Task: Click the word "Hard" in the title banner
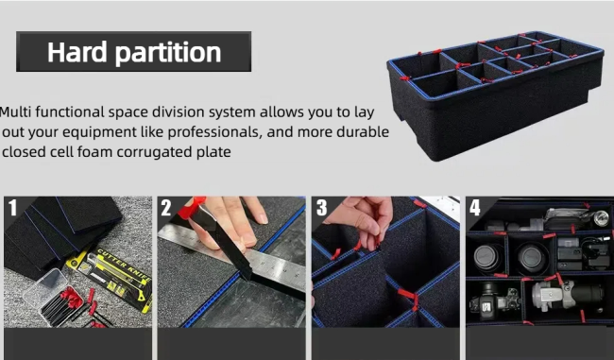pos(77,51)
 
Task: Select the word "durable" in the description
pos(357,131)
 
